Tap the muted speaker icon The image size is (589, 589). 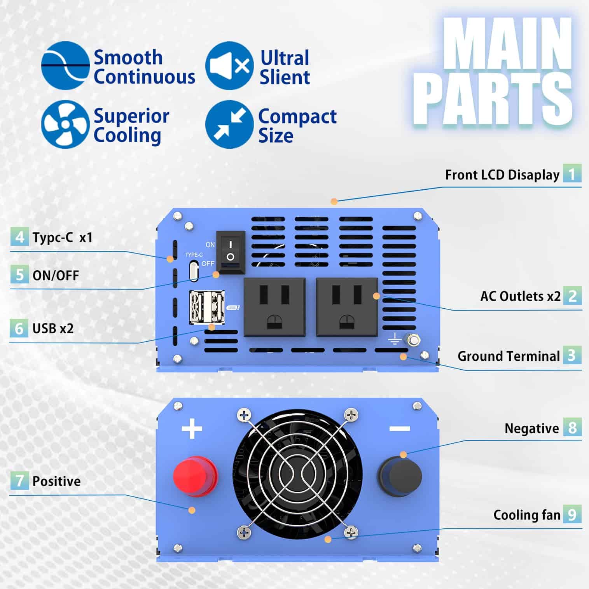(229, 66)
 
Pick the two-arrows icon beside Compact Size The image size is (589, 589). (229, 124)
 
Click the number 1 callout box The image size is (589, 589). (572, 173)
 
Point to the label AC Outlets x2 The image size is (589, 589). (520, 296)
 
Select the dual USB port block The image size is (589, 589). (207, 307)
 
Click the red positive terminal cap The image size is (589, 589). (195, 477)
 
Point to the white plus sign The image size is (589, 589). (192, 428)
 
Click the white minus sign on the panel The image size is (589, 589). (399, 428)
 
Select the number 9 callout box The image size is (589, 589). (572, 514)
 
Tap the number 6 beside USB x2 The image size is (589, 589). (19, 328)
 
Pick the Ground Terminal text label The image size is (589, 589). (508, 356)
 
